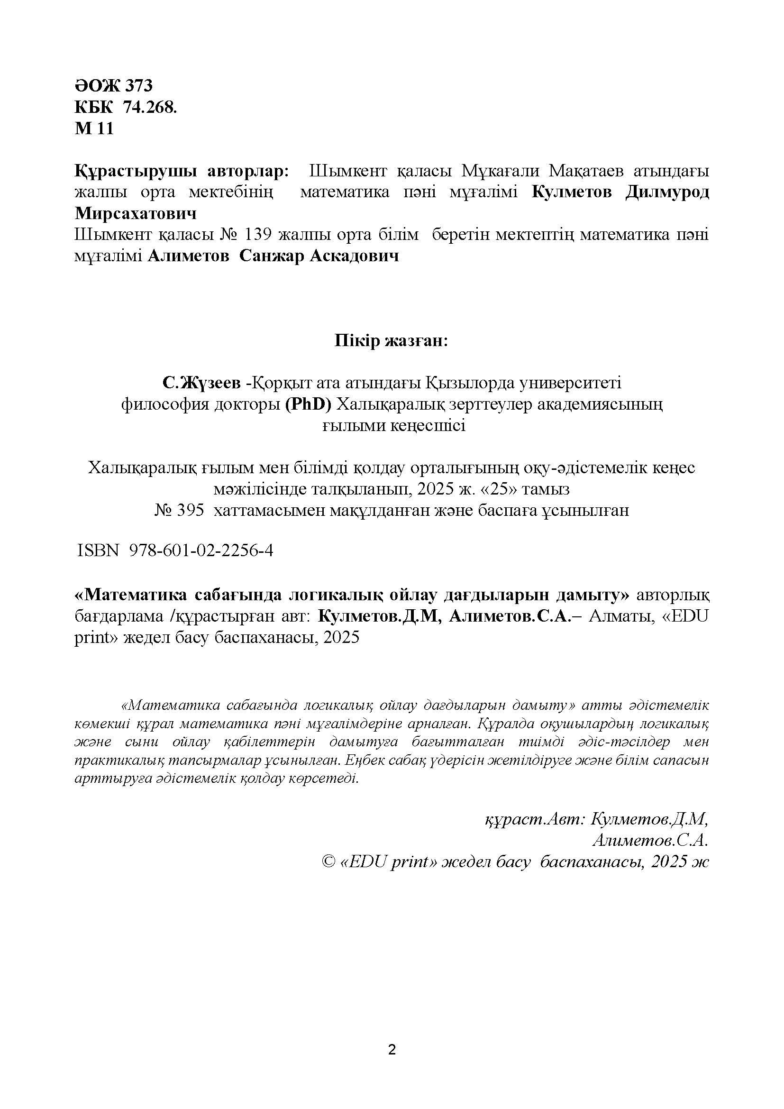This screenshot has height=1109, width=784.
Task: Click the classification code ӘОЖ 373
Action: [113, 85]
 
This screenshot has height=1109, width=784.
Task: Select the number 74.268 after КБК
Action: [150, 107]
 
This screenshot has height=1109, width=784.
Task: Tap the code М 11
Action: [94, 128]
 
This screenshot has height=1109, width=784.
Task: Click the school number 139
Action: [261, 235]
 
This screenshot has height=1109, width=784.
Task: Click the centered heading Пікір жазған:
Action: [392, 341]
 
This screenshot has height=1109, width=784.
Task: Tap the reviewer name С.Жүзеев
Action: [201, 384]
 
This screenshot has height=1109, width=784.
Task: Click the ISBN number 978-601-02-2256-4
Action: [201, 550]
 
